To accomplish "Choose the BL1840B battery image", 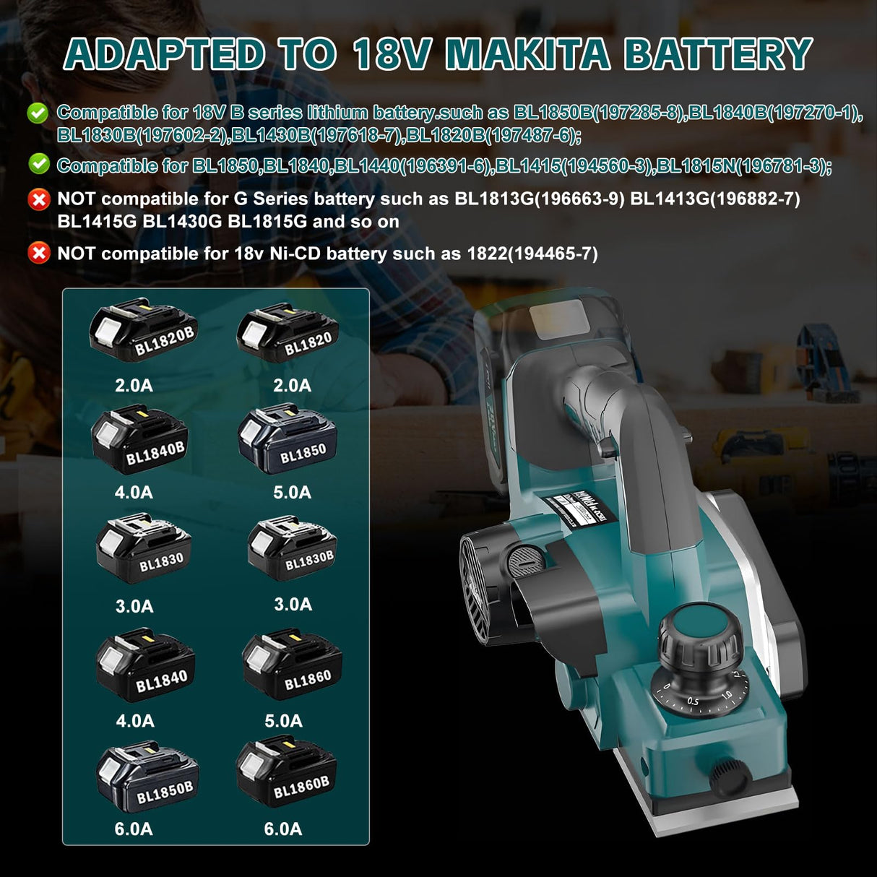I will (x=140, y=439).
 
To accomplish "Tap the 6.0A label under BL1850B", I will (x=134, y=829).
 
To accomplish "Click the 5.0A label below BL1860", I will (x=283, y=720).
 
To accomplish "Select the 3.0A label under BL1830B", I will (x=293, y=604).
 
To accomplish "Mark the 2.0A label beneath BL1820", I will (x=292, y=385).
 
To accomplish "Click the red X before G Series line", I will (x=38, y=199).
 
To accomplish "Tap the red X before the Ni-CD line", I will (x=38, y=254).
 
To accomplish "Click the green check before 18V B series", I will (x=38, y=113).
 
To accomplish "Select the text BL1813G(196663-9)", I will (x=539, y=199).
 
